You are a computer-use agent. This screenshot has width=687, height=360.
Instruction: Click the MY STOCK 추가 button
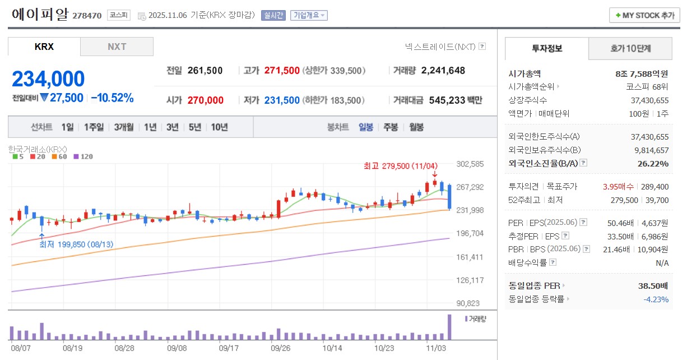click(x=644, y=15)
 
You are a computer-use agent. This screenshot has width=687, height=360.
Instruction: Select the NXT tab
click(x=117, y=47)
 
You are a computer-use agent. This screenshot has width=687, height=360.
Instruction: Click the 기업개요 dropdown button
click(x=309, y=15)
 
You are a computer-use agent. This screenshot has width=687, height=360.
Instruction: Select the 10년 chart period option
click(x=219, y=127)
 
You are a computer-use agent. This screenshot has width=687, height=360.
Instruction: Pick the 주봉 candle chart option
click(x=391, y=127)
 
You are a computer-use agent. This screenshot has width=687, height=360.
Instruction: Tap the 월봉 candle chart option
click(x=416, y=127)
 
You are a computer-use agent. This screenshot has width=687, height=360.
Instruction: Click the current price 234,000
click(x=48, y=79)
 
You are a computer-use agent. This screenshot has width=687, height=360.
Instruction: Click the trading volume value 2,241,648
click(x=443, y=71)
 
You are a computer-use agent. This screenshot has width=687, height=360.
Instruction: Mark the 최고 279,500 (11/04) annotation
click(x=400, y=166)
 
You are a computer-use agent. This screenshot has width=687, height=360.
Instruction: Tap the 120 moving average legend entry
click(x=83, y=156)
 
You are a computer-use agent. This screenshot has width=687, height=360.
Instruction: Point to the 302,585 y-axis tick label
click(x=470, y=164)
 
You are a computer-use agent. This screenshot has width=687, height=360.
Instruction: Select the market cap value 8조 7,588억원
click(x=642, y=73)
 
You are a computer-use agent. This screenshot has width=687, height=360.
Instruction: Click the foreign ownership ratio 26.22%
click(x=653, y=163)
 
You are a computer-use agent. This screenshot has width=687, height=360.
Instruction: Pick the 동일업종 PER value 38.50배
click(x=653, y=286)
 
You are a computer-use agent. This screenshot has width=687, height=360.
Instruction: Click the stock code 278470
click(x=87, y=16)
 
